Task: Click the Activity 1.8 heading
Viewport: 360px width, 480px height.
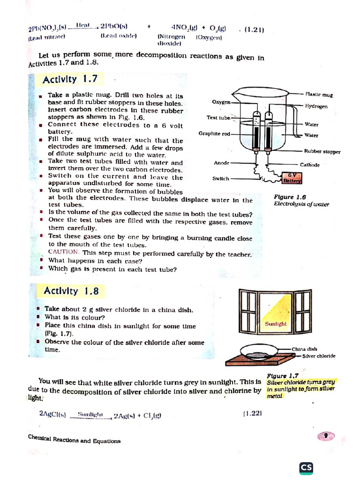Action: pos(71,291)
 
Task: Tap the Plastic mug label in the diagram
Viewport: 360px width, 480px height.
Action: pos(319,95)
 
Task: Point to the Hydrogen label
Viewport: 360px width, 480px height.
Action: pos(316,106)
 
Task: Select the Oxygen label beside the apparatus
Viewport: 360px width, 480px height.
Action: pos(221,101)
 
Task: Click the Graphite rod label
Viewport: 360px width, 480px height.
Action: pos(214,134)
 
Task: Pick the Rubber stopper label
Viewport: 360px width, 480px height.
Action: pos(322,151)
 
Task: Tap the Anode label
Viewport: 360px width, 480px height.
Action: pos(221,163)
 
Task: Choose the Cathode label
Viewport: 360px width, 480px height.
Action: pos(310,165)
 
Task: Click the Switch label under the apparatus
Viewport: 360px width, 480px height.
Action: pos(221,179)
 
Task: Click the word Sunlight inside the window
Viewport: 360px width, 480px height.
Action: pos(276,324)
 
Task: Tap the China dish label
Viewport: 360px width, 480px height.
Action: pos(304,349)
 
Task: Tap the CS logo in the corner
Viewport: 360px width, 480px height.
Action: pos(307,468)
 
